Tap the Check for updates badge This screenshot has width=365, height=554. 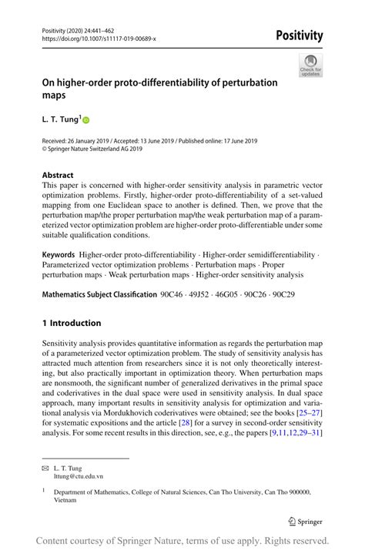coord(310,65)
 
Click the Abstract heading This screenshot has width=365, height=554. coord(59,175)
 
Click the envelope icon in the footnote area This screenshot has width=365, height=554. coord(46,467)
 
